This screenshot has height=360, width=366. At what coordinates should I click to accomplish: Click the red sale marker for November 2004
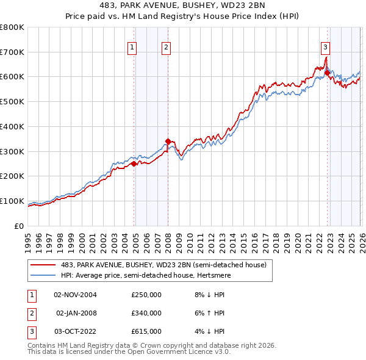[134, 164]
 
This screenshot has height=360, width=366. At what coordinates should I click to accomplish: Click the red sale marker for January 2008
[168, 141]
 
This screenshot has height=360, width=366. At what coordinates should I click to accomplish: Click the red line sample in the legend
[43, 265]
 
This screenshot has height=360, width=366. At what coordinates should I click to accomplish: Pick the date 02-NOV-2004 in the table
[75, 295]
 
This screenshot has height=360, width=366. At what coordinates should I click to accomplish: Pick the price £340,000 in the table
[146, 313]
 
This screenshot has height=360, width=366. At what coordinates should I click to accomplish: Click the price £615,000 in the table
[146, 331]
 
